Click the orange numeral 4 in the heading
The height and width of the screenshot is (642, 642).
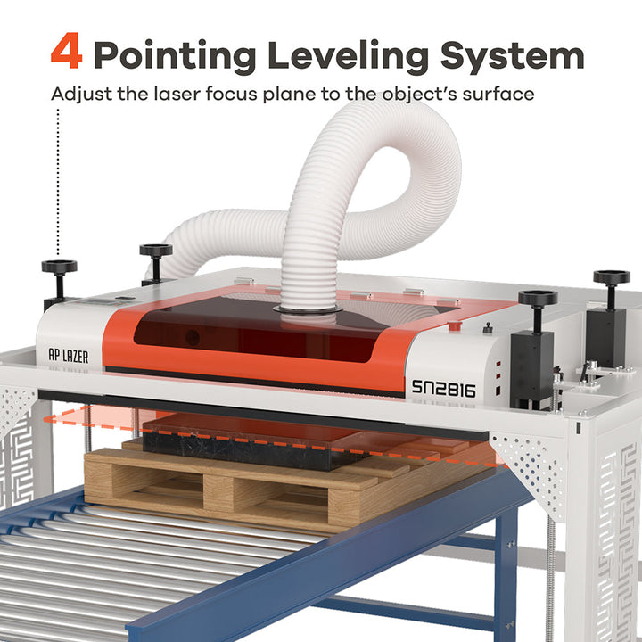tap(66, 52)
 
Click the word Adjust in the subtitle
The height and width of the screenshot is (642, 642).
tap(81, 94)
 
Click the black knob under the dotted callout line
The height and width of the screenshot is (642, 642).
tap(59, 267)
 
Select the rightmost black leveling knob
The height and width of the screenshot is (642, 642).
tap(612, 278)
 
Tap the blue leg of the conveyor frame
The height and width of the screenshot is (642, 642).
tap(505, 571)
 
